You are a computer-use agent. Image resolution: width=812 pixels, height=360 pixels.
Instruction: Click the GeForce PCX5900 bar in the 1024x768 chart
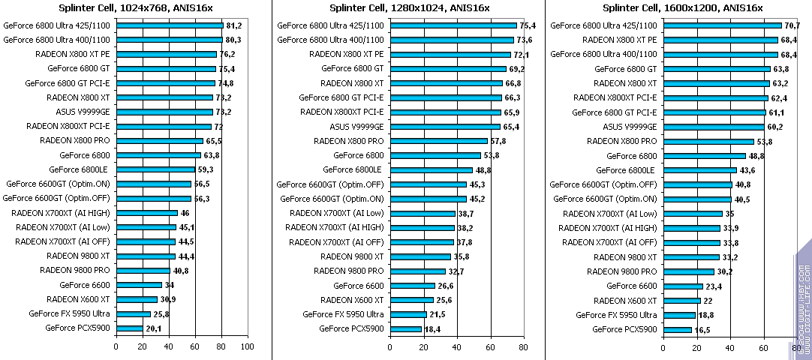(x=129, y=328)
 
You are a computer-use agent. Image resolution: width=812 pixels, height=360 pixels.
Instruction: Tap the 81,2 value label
(x=234, y=25)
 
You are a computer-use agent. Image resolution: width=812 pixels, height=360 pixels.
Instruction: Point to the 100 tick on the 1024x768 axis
(x=247, y=346)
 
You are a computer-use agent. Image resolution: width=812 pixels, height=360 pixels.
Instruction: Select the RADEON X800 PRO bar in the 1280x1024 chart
(x=438, y=141)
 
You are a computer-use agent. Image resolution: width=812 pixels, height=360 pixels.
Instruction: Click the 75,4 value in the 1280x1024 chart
(x=529, y=25)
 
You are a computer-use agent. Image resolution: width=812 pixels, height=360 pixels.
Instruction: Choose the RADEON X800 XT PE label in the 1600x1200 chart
(x=620, y=40)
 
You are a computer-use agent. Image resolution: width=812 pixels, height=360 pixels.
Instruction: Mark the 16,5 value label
(x=702, y=329)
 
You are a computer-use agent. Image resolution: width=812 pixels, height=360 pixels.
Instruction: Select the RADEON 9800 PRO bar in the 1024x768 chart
(x=143, y=271)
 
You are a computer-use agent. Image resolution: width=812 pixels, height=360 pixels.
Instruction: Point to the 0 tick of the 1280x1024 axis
(x=389, y=346)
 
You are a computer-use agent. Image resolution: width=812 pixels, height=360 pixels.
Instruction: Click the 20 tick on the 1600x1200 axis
(x=697, y=346)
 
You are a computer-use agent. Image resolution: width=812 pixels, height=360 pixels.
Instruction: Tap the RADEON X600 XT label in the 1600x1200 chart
(x=625, y=300)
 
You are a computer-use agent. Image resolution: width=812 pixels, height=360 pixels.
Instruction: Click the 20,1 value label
(x=154, y=329)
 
